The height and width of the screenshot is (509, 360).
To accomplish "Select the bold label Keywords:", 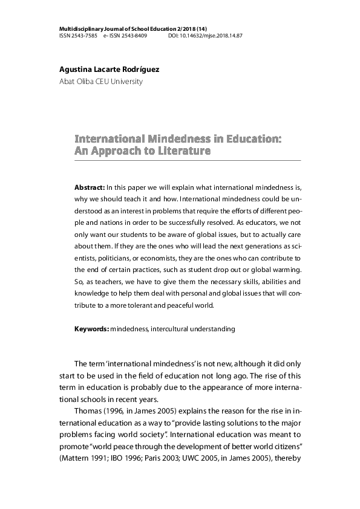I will pos(91,329).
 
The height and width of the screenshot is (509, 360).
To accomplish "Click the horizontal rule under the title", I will pos(188,161).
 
